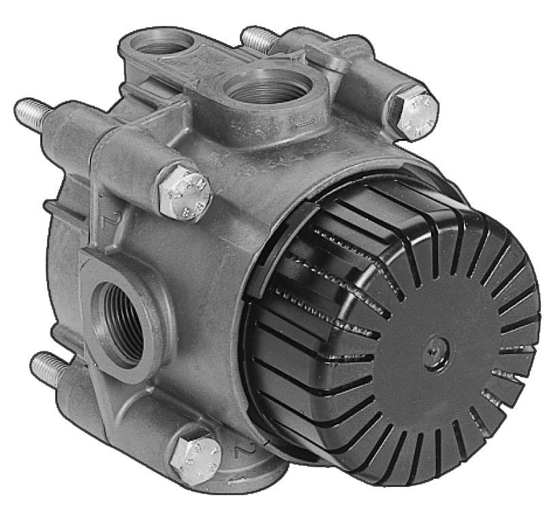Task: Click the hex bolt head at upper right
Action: (413, 114)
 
